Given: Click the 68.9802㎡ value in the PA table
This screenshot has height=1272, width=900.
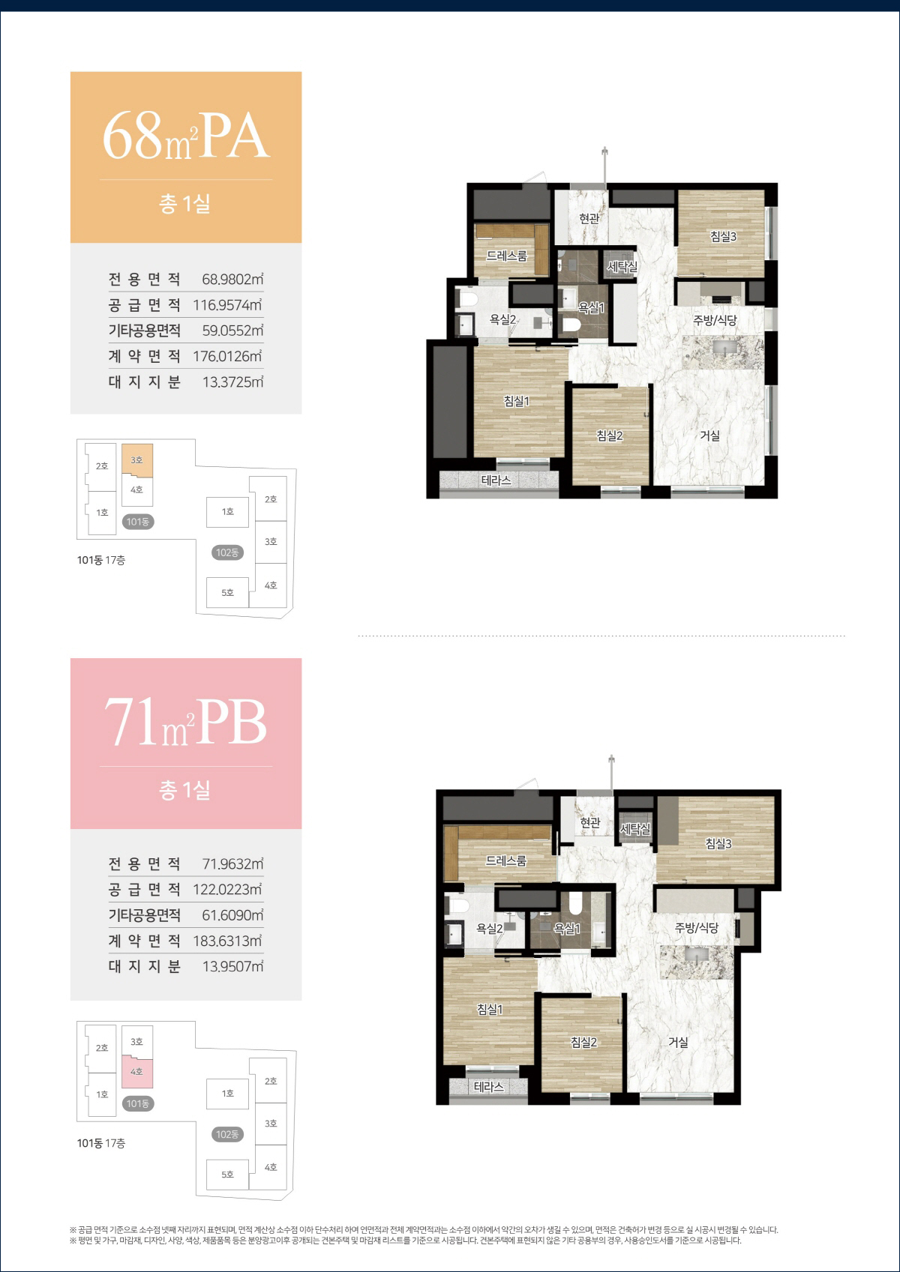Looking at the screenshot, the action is [x=232, y=279].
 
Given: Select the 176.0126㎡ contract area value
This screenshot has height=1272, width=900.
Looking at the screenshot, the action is [x=227, y=356].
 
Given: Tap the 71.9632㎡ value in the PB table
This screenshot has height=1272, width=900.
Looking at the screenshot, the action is [x=232, y=863].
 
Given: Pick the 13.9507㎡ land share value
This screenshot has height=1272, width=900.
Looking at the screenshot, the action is [x=232, y=966].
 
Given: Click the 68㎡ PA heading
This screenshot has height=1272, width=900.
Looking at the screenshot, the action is [x=186, y=136].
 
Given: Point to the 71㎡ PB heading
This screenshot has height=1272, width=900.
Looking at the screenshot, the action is [x=186, y=723].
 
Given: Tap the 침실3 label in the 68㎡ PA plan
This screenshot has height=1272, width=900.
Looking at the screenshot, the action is [x=723, y=236].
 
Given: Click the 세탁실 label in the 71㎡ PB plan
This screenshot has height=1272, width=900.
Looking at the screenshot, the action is [x=635, y=829].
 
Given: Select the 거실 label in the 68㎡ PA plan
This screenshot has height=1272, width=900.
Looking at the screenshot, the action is [x=709, y=435].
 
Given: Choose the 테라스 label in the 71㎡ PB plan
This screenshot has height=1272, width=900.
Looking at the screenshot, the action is [x=489, y=1087].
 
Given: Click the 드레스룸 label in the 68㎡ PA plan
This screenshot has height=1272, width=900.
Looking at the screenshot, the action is [x=507, y=256].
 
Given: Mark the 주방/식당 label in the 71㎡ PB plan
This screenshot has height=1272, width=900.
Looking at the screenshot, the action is [x=697, y=927].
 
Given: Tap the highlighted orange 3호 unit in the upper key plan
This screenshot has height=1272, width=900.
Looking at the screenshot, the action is [x=137, y=460].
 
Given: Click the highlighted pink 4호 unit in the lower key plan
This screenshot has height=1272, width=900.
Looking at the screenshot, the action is [x=137, y=1072].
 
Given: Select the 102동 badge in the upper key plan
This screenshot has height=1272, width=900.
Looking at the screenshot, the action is [x=227, y=552].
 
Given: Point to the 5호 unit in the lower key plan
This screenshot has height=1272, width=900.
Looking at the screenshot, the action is [x=227, y=1175].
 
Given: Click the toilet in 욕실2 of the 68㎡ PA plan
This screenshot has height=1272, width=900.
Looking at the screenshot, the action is [x=469, y=299].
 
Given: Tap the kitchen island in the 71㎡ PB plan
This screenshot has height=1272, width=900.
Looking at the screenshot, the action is [x=697, y=962].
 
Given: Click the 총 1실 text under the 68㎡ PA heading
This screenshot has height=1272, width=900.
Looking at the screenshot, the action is [x=184, y=203].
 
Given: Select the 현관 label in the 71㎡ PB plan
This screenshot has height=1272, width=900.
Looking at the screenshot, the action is [x=590, y=822].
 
